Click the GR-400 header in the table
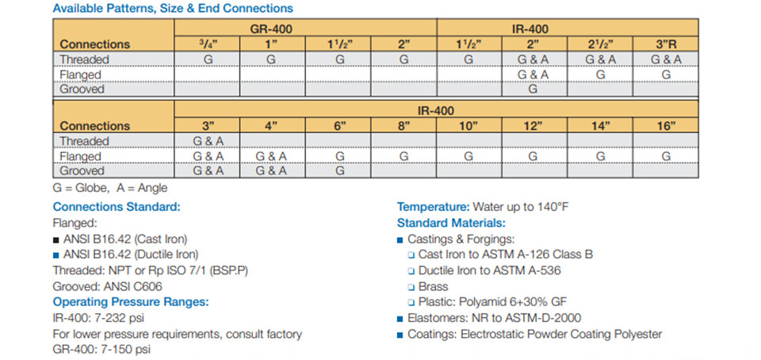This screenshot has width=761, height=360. pyautogui.click(x=271, y=29)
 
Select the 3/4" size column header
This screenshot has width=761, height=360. pyautogui.click(x=207, y=44)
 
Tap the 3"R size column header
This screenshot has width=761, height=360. pyautogui.click(x=666, y=44)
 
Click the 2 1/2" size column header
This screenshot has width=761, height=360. pyautogui.click(x=600, y=44)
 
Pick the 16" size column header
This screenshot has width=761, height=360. pyautogui.click(x=666, y=126)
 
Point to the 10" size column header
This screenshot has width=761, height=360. pyautogui.click(x=468, y=126)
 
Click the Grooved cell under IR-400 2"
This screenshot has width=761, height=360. pyautogui.click(x=533, y=90)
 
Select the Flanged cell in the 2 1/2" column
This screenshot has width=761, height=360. pyautogui.click(x=600, y=75)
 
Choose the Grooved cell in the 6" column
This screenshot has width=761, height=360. pyautogui.click(x=340, y=170)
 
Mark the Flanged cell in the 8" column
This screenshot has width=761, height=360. pyautogui.click(x=403, y=156)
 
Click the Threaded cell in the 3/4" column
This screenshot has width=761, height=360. pyautogui.click(x=207, y=59)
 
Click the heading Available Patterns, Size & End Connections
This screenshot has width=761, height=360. pyautogui.click(x=173, y=8)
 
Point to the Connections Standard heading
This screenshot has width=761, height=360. pyautogui.click(x=117, y=207)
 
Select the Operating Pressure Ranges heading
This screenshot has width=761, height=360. pyautogui.click(x=131, y=302)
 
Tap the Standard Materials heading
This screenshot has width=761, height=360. pyautogui.click(x=451, y=223)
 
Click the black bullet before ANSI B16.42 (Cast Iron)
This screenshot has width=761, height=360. pyautogui.click(x=56, y=239)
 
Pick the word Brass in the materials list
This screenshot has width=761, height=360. pyautogui.click(x=433, y=286)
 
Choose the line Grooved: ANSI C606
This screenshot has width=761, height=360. pyautogui.click(x=107, y=287)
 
